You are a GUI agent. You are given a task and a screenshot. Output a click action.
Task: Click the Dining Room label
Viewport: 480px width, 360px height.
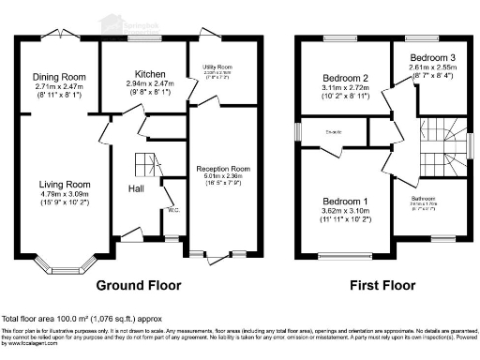59,77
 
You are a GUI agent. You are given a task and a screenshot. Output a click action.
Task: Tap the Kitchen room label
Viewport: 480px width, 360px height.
151,73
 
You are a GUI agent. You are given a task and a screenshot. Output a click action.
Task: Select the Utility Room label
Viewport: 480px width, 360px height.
217,68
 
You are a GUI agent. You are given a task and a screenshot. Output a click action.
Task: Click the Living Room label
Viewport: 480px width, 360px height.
64,184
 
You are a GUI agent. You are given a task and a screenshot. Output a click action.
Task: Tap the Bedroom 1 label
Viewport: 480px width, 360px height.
346,202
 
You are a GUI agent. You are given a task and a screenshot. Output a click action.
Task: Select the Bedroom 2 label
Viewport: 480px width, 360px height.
345,78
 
